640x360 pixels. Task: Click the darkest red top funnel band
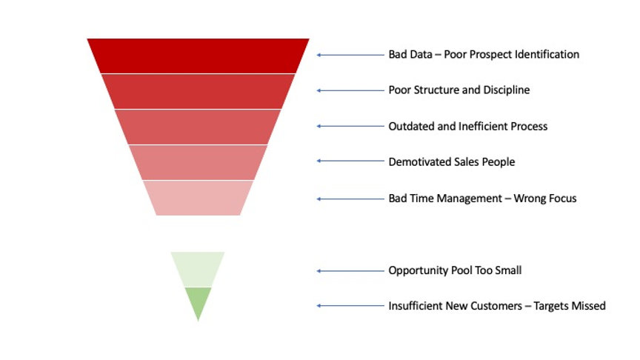(198, 56)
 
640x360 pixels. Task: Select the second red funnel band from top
(198, 91)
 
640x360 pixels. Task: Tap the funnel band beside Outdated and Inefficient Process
(198, 127)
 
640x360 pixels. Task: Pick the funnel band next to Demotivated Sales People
(198, 162)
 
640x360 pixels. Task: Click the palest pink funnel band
(198, 198)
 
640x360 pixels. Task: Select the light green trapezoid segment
(198, 269)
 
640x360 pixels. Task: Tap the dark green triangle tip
(198, 300)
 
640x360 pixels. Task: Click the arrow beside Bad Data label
(349, 55)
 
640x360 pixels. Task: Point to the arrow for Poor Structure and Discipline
(349, 90)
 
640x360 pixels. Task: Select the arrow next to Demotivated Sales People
(349, 161)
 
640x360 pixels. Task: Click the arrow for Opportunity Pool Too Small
(349, 271)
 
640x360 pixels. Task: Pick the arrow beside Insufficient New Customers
(349, 305)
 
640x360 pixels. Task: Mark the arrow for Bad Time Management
(349, 199)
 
